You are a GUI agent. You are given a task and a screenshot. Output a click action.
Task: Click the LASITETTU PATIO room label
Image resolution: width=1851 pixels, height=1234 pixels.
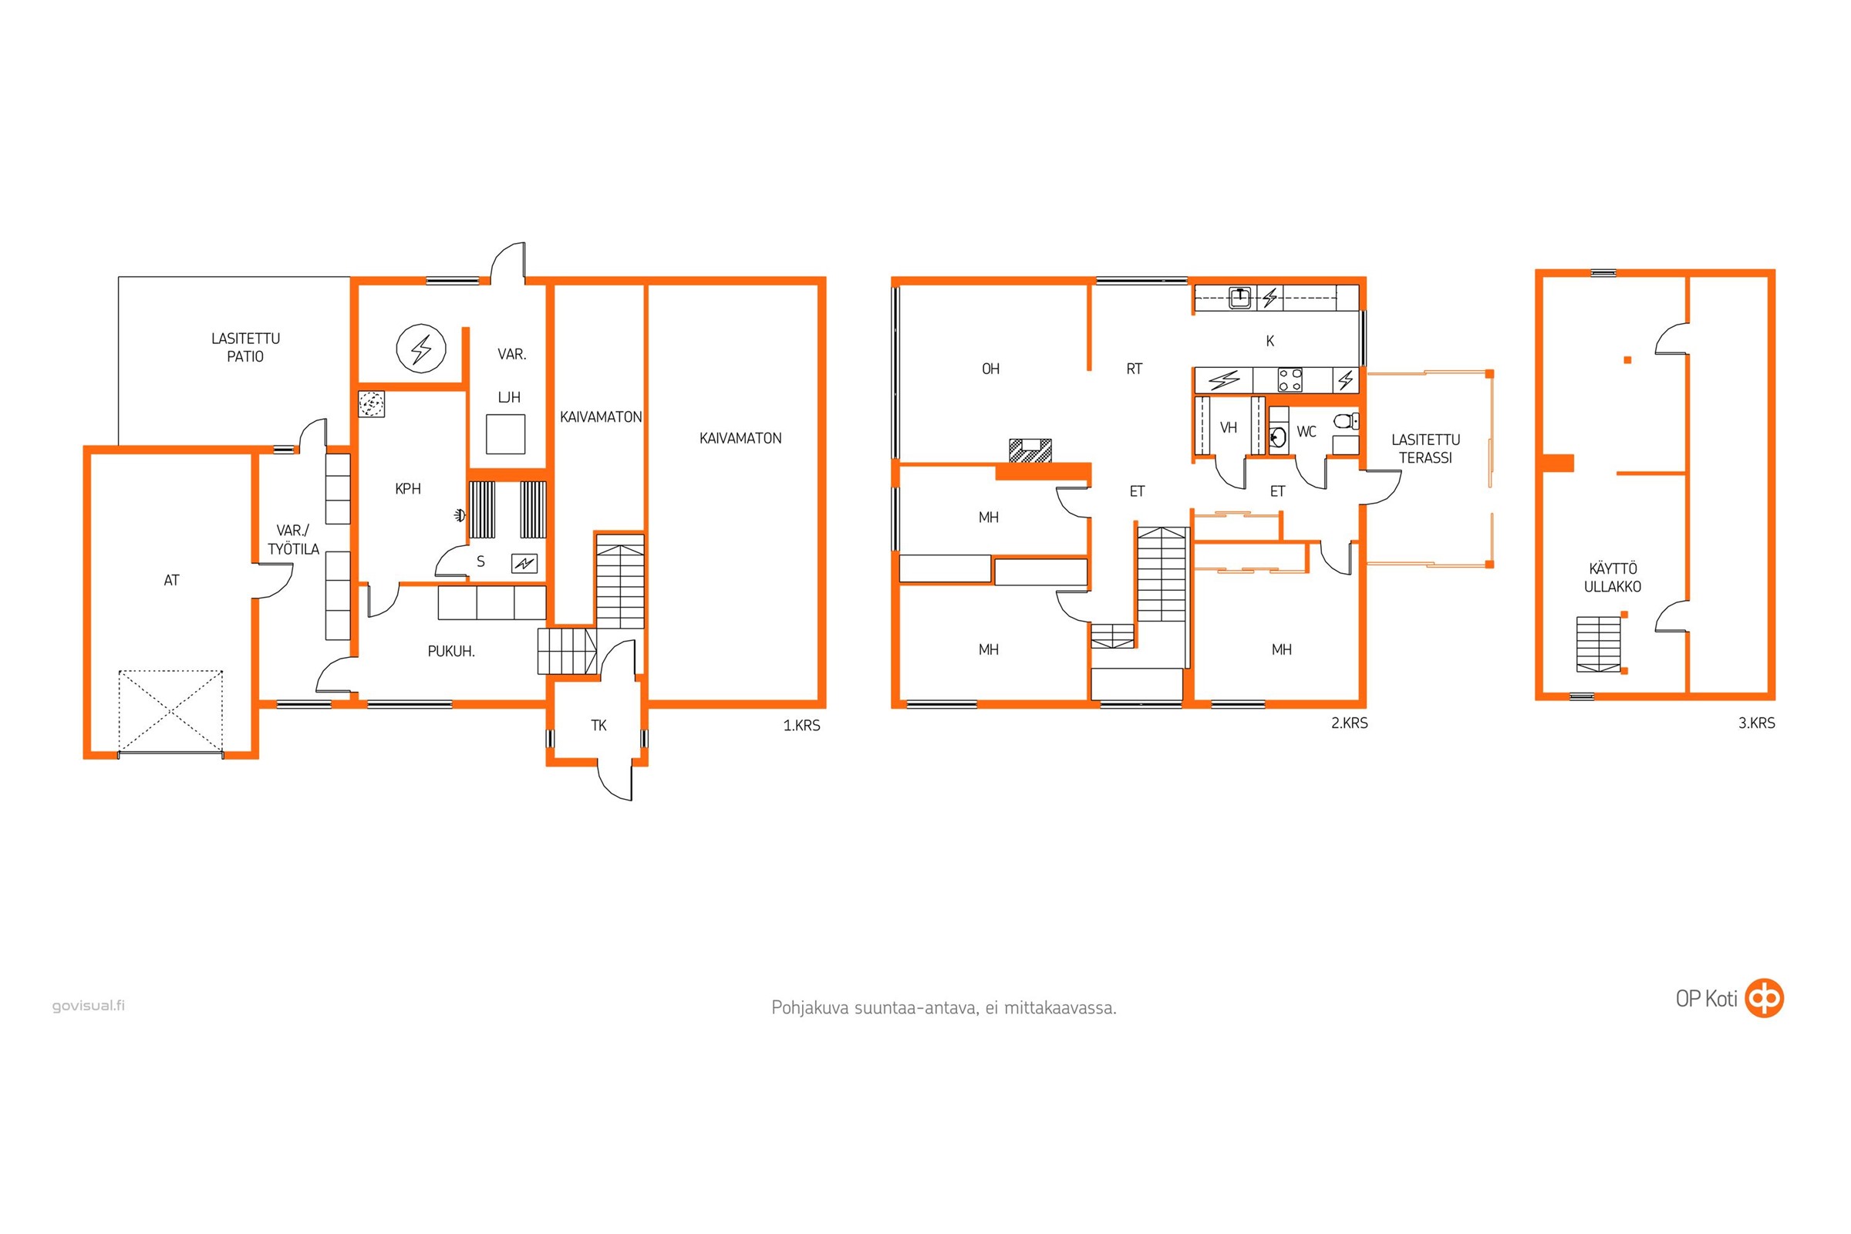(x=245, y=347)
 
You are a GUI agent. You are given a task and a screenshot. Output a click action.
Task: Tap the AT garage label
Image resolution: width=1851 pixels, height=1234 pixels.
(x=171, y=580)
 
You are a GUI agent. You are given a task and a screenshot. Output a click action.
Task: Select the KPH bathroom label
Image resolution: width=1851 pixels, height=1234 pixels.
(x=408, y=489)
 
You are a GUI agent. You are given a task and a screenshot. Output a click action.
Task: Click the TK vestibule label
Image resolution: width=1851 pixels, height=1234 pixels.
(x=599, y=725)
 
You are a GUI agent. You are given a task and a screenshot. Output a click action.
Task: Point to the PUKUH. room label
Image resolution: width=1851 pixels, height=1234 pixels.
(x=451, y=651)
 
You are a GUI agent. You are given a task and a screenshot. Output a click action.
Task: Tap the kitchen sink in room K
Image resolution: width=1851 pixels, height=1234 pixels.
(x=1240, y=298)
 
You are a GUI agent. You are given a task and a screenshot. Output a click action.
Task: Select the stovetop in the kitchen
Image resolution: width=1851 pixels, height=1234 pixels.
(x=1290, y=380)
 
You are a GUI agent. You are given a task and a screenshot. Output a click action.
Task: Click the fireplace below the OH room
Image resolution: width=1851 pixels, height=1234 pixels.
(x=1030, y=451)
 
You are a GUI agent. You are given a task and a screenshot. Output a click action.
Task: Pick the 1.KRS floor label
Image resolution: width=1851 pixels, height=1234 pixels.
(x=801, y=726)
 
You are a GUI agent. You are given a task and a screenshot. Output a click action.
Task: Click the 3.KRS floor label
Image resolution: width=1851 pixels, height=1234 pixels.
(x=1757, y=723)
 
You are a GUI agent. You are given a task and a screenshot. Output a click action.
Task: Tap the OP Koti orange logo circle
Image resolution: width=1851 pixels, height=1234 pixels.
(x=1765, y=999)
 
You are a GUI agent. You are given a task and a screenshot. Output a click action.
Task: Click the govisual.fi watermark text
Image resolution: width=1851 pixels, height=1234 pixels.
(x=88, y=1005)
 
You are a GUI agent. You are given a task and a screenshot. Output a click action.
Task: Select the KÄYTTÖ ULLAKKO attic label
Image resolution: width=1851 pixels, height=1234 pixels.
(x=1613, y=577)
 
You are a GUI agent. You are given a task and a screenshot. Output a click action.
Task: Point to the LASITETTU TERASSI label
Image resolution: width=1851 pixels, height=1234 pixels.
(x=1425, y=449)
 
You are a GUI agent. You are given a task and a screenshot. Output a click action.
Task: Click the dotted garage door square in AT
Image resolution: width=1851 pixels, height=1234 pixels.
(x=170, y=711)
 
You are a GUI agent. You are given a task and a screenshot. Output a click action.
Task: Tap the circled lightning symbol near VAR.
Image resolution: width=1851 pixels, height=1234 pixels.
(x=421, y=349)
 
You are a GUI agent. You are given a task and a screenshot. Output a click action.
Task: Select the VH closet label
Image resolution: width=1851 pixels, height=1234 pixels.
(x=1229, y=427)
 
